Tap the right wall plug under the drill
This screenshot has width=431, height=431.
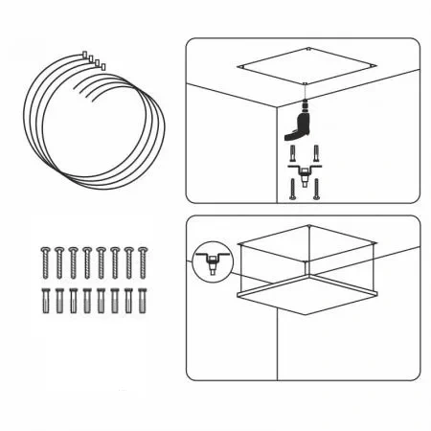tap(319, 152)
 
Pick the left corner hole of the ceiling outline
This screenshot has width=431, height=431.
tap(241, 68)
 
